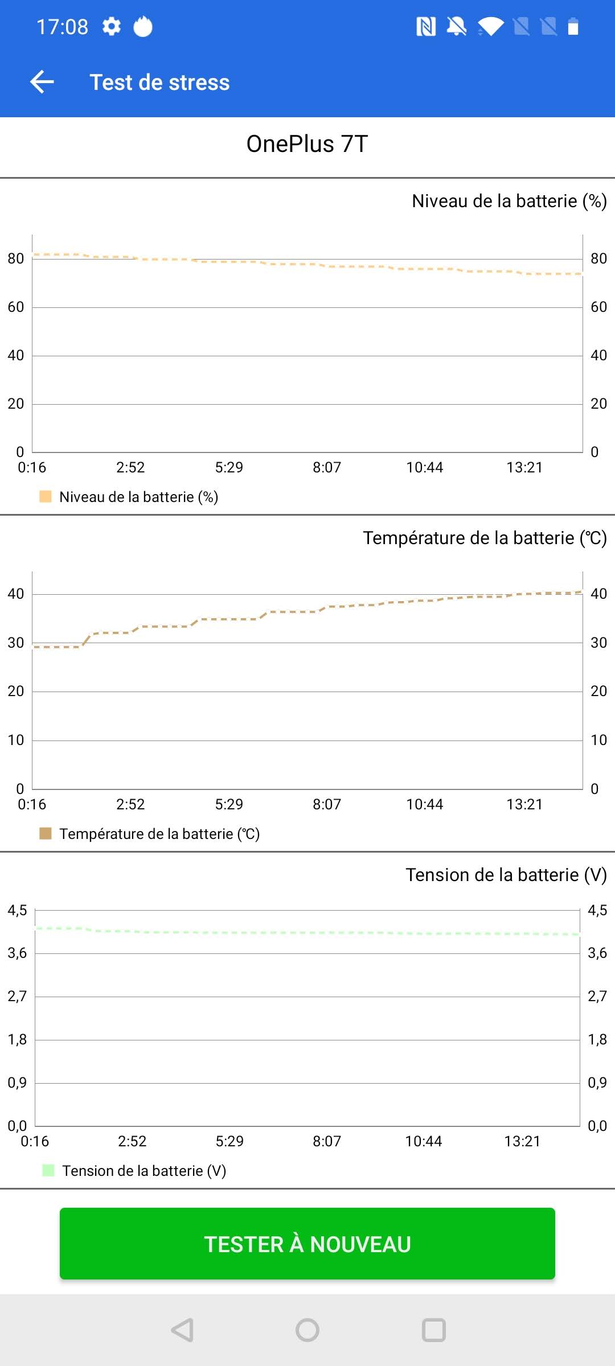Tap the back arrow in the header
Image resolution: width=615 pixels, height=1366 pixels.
tap(42, 82)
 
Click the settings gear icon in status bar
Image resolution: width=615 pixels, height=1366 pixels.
tap(112, 26)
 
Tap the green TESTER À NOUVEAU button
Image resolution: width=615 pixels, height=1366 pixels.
tap(307, 1244)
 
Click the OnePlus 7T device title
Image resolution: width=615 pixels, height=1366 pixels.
tap(307, 144)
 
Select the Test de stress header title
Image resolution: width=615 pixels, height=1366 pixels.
tap(159, 83)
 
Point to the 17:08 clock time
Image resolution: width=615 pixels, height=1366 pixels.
tap(63, 27)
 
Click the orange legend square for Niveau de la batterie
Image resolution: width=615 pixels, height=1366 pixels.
tap(46, 496)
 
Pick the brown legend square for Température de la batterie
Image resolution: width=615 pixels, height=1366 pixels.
tap(46, 833)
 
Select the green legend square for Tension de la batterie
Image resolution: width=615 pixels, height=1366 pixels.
tap(48, 1170)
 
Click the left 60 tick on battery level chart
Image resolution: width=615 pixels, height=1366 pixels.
tap(16, 307)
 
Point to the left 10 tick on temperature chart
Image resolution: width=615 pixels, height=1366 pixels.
tap(16, 740)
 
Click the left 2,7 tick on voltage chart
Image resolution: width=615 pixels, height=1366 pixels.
tap(17, 996)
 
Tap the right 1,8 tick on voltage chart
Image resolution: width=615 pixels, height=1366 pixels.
tap(597, 1039)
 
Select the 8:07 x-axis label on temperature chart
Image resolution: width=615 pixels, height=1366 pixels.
tap(327, 804)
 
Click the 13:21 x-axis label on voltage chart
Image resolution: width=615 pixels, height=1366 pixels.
tap(522, 1141)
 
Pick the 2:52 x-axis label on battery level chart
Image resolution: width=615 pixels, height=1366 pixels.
tap(130, 467)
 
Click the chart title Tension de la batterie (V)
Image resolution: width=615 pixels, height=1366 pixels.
tap(506, 875)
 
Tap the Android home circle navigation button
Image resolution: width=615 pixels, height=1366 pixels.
tap(307, 1330)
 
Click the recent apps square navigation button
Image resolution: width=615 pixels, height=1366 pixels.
tap(434, 1330)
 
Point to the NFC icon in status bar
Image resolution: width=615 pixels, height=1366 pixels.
tap(426, 26)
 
